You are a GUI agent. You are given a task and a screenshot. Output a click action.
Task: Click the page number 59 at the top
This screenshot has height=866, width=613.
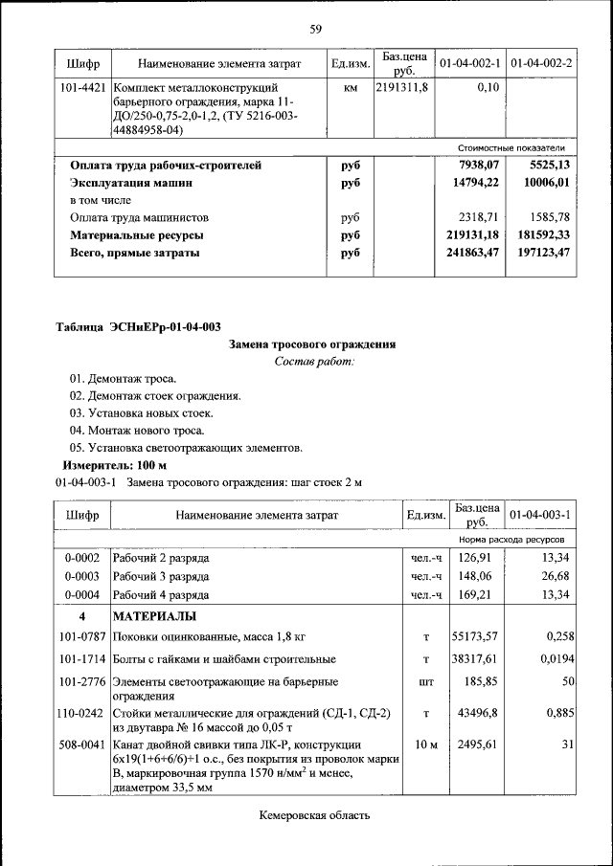pos(315,28)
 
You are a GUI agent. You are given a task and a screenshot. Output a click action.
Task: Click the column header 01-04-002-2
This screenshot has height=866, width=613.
pos(541,64)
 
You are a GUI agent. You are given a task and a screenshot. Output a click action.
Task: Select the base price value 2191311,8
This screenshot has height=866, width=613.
pos(402,87)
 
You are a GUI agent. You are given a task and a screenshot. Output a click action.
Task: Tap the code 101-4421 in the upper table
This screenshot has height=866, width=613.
pos(82,87)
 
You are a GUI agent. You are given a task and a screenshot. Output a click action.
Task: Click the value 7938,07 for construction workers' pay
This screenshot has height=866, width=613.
pos(479,166)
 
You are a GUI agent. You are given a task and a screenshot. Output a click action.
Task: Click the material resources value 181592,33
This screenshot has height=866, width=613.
pos(541,235)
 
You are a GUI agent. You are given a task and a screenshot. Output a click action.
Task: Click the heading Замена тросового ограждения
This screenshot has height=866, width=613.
pos(313,344)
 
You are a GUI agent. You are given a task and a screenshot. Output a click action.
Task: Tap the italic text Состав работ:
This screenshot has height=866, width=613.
pos(314,362)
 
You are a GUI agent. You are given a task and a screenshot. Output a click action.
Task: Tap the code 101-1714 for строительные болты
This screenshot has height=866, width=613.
pos(82,659)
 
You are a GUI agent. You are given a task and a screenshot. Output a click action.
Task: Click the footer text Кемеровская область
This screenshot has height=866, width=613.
pos(314,815)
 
